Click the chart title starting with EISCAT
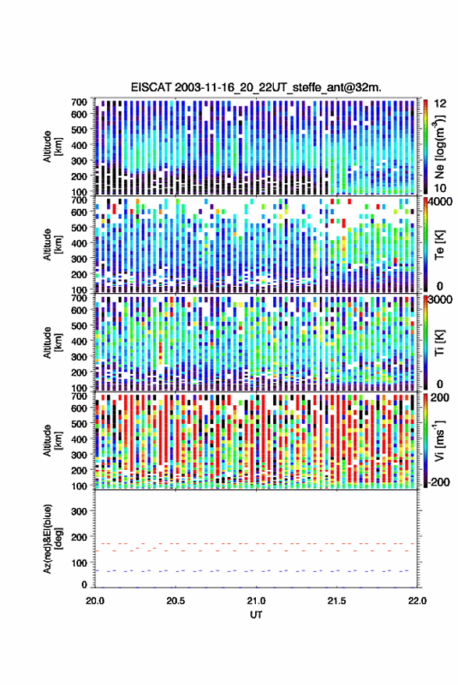click(x=256, y=87)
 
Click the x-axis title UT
click(x=256, y=615)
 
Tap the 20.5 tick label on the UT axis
click(x=176, y=601)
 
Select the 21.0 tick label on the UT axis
click(x=256, y=601)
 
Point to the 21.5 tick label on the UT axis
click(x=336, y=601)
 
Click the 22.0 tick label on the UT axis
click(x=417, y=601)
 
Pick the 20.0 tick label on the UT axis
click(x=95, y=601)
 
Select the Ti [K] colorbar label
click(x=439, y=343)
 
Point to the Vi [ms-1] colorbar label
click(x=439, y=440)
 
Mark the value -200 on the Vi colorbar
click(x=439, y=482)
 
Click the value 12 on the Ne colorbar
click(x=440, y=104)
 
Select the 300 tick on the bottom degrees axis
click(x=79, y=511)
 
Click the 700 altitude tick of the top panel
click(x=79, y=102)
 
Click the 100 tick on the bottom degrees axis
click(x=79, y=563)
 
